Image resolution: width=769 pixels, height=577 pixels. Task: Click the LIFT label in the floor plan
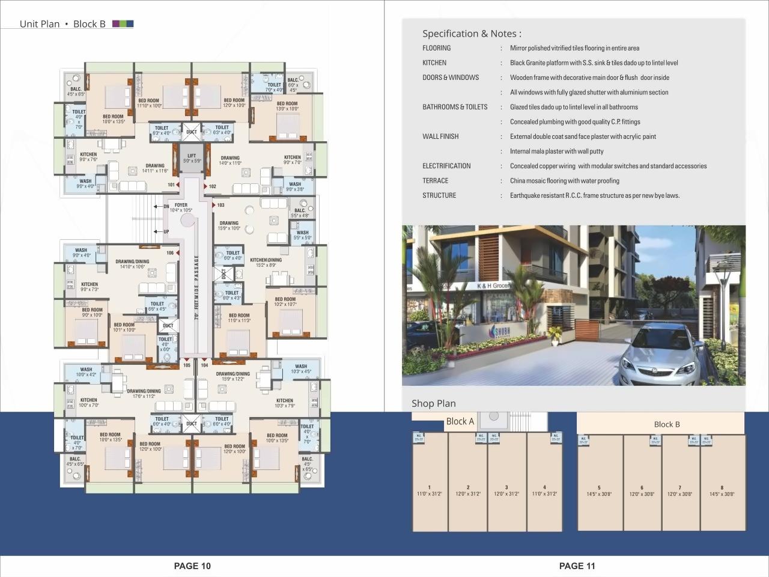coord(191,156)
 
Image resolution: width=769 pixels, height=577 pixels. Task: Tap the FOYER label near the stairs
coord(181,206)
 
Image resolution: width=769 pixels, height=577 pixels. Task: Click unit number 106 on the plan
coord(170,253)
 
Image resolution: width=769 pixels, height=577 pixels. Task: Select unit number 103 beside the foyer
coord(220,206)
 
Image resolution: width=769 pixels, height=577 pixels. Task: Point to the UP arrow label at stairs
coord(166,231)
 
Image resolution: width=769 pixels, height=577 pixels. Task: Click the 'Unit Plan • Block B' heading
coord(62,24)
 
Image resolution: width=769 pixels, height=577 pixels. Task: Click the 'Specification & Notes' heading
coord(472,34)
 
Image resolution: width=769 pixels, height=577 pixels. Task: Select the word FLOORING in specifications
coord(436,48)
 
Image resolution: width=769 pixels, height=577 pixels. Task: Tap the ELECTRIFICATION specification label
coord(446,166)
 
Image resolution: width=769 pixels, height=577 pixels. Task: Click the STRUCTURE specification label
coord(439,195)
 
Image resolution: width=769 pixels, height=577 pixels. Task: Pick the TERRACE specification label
coord(435,181)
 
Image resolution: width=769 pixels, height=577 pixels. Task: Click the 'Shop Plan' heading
coord(433,403)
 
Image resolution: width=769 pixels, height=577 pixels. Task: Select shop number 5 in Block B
coord(599,488)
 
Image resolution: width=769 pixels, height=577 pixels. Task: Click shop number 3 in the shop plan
coord(506,487)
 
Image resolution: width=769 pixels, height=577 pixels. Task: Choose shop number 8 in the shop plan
coord(722,488)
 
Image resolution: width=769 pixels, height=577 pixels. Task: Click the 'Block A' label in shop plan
coord(460,421)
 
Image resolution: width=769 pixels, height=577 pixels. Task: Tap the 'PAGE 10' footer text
coord(192,566)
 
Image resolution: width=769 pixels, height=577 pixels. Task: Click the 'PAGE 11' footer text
coord(577,566)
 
